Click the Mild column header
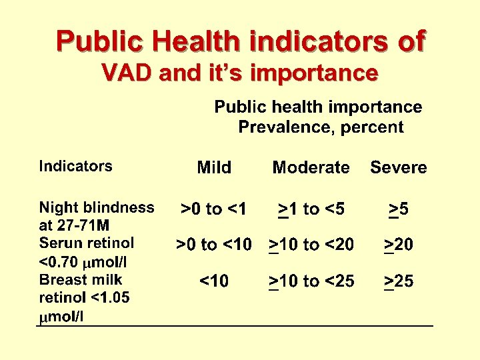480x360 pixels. click(x=214, y=167)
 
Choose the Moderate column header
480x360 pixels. click(x=311, y=167)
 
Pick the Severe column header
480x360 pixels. click(x=399, y=167)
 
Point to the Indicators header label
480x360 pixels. click(x=75, y=166)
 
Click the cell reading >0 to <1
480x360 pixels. click(x=214, y=209)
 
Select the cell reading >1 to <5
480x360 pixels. click(x=311, y=209)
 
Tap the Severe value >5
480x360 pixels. click(x=399, y=209)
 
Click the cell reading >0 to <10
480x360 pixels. click(x=214, y=245)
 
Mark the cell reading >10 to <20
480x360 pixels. click(x=311, y=245)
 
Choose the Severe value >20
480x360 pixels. click(x=399, y=245)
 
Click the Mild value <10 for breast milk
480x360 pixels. click(x=214, y=281)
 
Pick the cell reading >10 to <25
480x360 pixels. click(x=311, y=281)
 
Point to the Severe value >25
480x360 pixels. click(x=399, y=281)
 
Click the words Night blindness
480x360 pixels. click(x=97, y=207)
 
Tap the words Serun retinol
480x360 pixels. click(x=87, y=243)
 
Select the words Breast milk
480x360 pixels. click(x=81, y=279)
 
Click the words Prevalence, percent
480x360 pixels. click(x=321, y=127)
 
